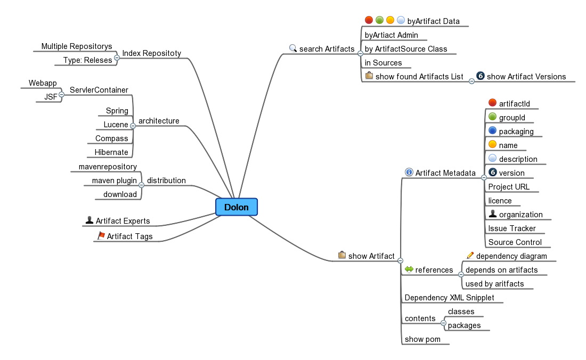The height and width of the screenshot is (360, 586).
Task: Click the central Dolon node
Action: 236,207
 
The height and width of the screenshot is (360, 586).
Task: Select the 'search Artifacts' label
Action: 327,49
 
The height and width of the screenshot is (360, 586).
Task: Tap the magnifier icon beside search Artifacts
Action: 292,48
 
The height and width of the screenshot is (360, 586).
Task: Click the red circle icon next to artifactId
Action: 492,103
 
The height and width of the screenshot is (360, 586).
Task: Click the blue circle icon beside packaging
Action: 492,130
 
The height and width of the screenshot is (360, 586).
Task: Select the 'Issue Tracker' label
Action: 512,228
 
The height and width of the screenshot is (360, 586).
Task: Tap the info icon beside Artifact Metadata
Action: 409,172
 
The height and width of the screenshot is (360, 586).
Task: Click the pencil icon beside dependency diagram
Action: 470,256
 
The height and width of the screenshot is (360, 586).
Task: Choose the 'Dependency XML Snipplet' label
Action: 449,298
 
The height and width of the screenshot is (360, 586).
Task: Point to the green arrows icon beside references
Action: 409,269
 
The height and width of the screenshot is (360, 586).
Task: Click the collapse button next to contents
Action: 443,323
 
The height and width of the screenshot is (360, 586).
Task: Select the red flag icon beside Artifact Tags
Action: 101,235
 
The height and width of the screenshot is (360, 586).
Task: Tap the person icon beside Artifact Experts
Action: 89,220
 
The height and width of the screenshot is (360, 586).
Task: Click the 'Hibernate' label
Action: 111,152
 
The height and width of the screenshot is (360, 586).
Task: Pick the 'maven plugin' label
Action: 114,181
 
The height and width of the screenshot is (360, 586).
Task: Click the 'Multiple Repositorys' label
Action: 77,47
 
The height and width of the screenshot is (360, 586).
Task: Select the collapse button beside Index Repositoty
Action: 117,58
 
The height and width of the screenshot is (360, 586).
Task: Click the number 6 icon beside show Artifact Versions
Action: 480,76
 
